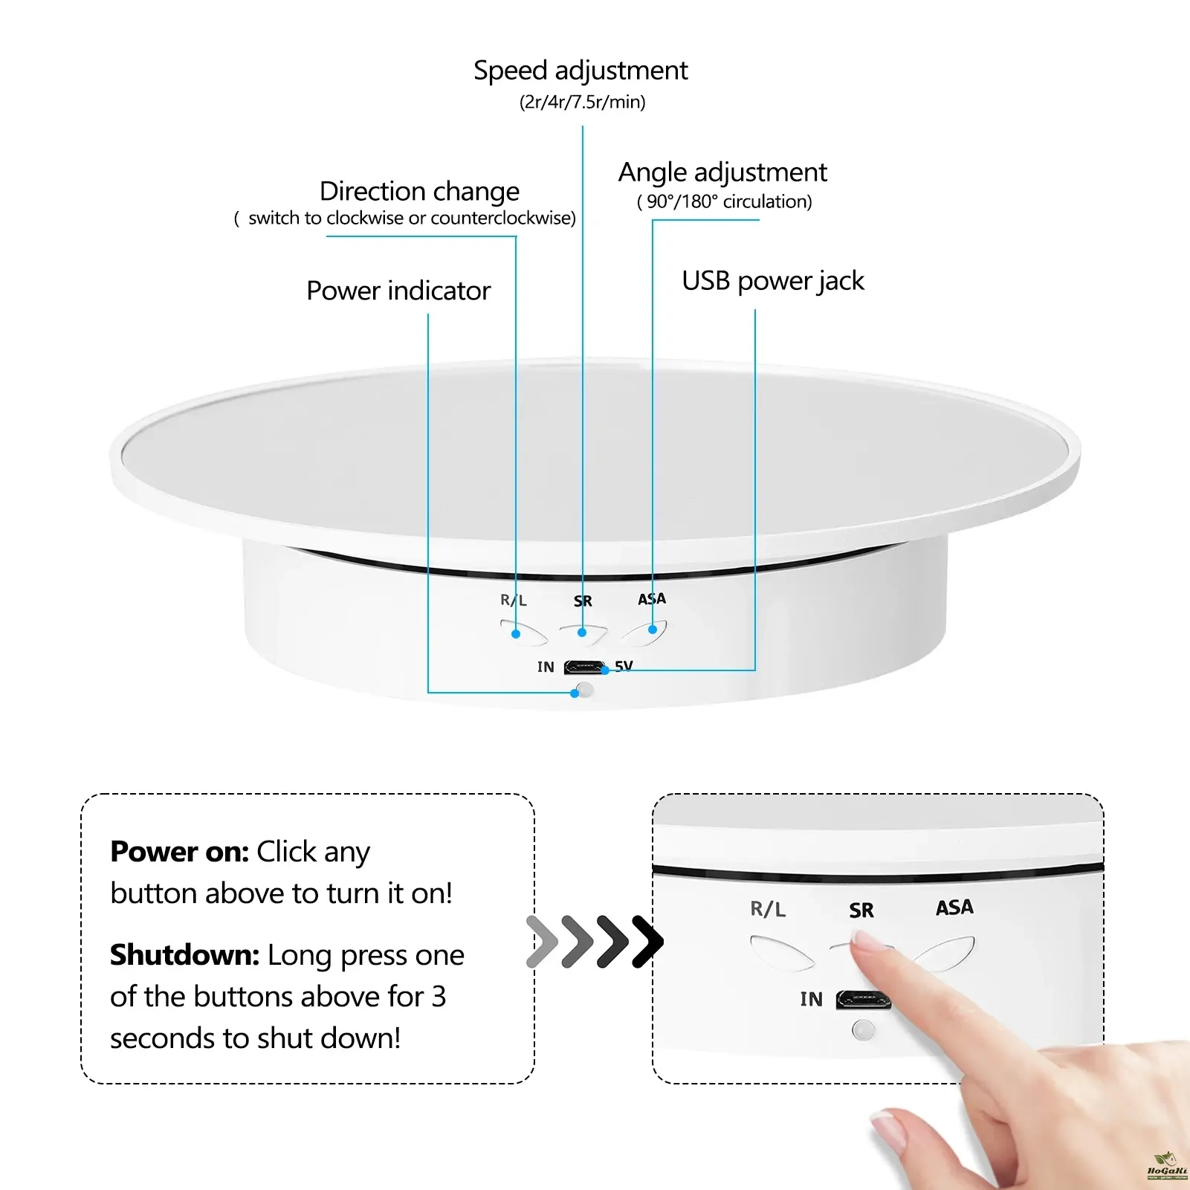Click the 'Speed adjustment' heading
[581, 71]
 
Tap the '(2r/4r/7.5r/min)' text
[582, 102]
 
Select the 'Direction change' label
[419, 192]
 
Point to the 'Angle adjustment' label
[722, 173]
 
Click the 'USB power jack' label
[773, 282]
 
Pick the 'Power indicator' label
[398, 291]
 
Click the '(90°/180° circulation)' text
[725, 201]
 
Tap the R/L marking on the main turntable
[514, 600]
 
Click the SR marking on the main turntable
[583, 601]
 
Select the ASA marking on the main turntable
[652, 598]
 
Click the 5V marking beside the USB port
[624, 665]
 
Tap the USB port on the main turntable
[584, 667]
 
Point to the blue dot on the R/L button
[516, 634]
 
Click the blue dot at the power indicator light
[575, 693]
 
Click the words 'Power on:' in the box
[180, 852]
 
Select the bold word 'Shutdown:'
[185, 955]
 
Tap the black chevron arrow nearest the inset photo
[647, 942]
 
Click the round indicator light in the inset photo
[863, 1030]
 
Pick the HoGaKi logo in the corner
[1167, 1167]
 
